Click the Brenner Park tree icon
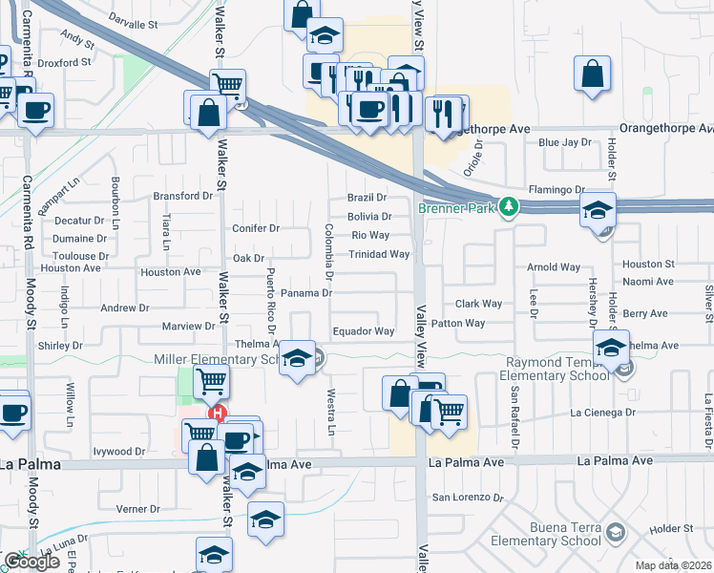(x=510, y=205)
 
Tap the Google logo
(x=31, y=562)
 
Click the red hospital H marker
(x=218, y=414)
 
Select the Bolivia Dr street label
(x=369, y=217)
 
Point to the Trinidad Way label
(x=379, y=254)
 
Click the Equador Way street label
(x=363, y=331)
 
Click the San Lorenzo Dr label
(x=468, y=498)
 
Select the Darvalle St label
(x=133, y=18)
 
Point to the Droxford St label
(x=64, y=62)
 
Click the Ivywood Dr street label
(x=119, y=451)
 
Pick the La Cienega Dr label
(x=603, y=413)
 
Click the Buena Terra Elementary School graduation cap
(x=616, y=531)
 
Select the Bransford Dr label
(x=180, y=196)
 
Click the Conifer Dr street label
(x=256, y=228)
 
